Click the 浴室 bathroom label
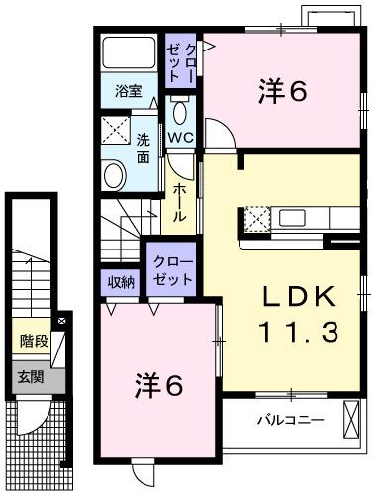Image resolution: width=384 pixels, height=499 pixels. tap(127, 91)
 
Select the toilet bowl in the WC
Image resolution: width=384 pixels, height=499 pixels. tap(180, 108)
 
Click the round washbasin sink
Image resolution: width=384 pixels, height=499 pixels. tap(115, 175)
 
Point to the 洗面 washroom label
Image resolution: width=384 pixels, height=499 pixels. tap(144, 148)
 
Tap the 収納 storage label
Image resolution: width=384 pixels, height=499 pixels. tap(121, 281)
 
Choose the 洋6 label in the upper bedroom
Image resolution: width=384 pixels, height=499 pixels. tap(282, 92)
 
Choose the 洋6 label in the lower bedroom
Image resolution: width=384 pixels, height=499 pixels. tap(158, 386)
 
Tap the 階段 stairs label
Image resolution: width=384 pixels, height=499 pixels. tap(34, 342)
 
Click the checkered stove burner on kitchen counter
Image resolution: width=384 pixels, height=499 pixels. tap(255, 218)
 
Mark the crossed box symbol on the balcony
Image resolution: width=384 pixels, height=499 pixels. tap(351, 419)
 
